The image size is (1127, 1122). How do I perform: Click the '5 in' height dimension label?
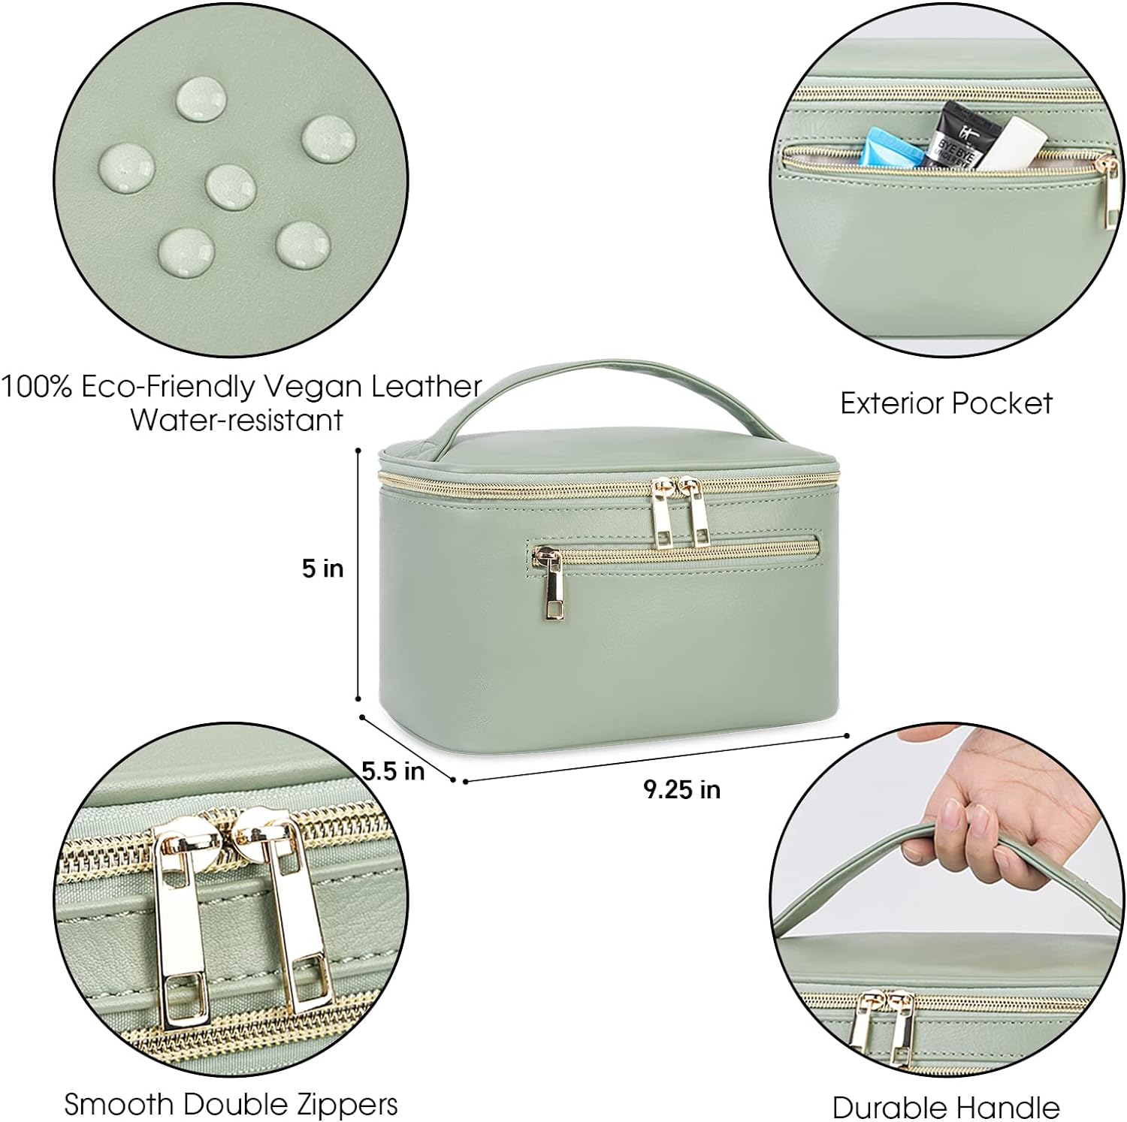pyautogui.click(x=322, y=569)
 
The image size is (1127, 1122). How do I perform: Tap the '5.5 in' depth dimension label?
pyautogui.click(x=393, y=771)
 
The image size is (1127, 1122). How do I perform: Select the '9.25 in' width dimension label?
pyautogui.click(x=681, y=789)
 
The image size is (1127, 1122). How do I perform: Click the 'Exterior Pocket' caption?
pyautogui.click(x=946, y=403)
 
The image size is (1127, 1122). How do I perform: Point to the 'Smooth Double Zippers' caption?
pyautogui.click(x=231, y=1103)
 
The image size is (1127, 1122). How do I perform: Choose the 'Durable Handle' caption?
pyautogui.click(x=945, y=1107)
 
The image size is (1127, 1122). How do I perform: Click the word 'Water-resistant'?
pyautogui.click(x=237, y=420)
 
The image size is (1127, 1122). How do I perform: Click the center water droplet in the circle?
pyautogui.click(x=230, y=186)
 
